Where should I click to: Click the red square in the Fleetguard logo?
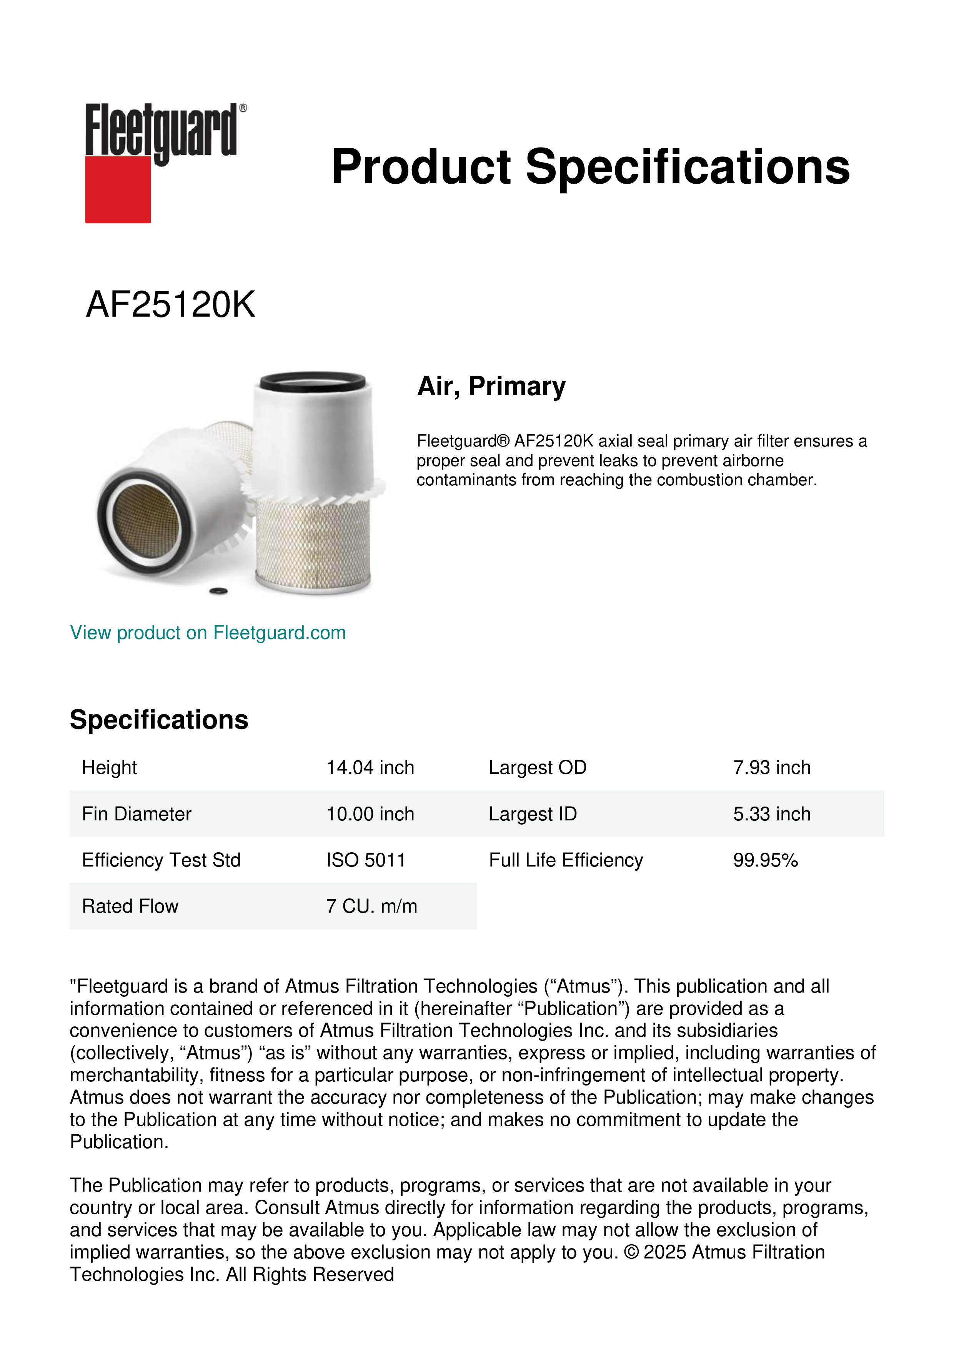(118, 189)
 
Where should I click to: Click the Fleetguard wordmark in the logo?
(161, 130)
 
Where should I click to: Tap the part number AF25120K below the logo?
(170, 305)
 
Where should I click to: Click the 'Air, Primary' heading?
(491, 386)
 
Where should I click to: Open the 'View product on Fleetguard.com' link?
(207, 632)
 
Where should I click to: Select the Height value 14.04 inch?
(370, 767)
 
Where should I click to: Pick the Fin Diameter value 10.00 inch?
(370, 814)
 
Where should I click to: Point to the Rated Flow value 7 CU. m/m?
(371, 906)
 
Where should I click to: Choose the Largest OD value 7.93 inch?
(771, 767)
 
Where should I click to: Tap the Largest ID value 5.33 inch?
(771, 814)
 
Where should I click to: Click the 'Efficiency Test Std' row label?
(161, 860)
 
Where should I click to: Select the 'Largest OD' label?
(538, 767)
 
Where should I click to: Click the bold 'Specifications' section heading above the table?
(158, 720)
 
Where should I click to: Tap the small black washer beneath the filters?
(218, 591)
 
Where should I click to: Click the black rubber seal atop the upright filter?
(313, 382)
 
